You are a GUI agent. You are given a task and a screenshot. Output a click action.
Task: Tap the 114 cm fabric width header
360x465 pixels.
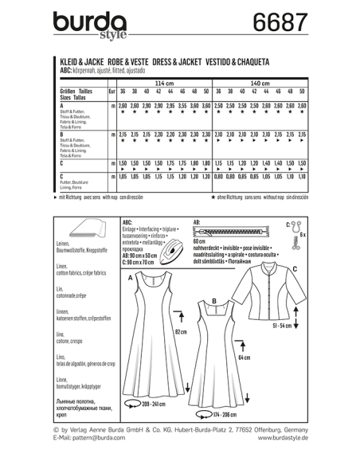(x=163, y=83)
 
